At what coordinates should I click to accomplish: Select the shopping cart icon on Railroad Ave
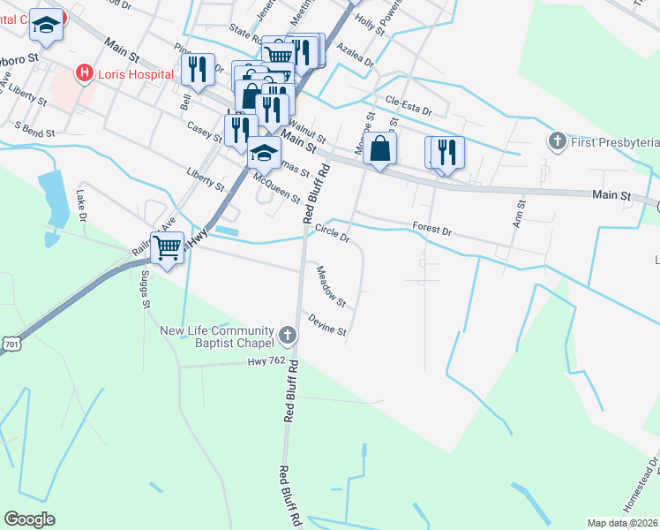[x=167, y=247]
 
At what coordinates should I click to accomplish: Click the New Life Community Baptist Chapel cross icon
[x=288, y=335]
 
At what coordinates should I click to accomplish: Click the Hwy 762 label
[x=269, y=360]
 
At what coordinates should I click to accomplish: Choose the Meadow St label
[x=331, y=287]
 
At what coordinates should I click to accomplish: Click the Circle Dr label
[x=333, y=232]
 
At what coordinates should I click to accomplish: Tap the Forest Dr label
[x=431, y=230]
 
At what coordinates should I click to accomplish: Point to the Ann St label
[x=520, y=213]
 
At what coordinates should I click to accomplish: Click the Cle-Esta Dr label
[x=408, y=106]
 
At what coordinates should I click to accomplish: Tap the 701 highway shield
[x=10, y=342]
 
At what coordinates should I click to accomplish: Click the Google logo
[x=29, y=519]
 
